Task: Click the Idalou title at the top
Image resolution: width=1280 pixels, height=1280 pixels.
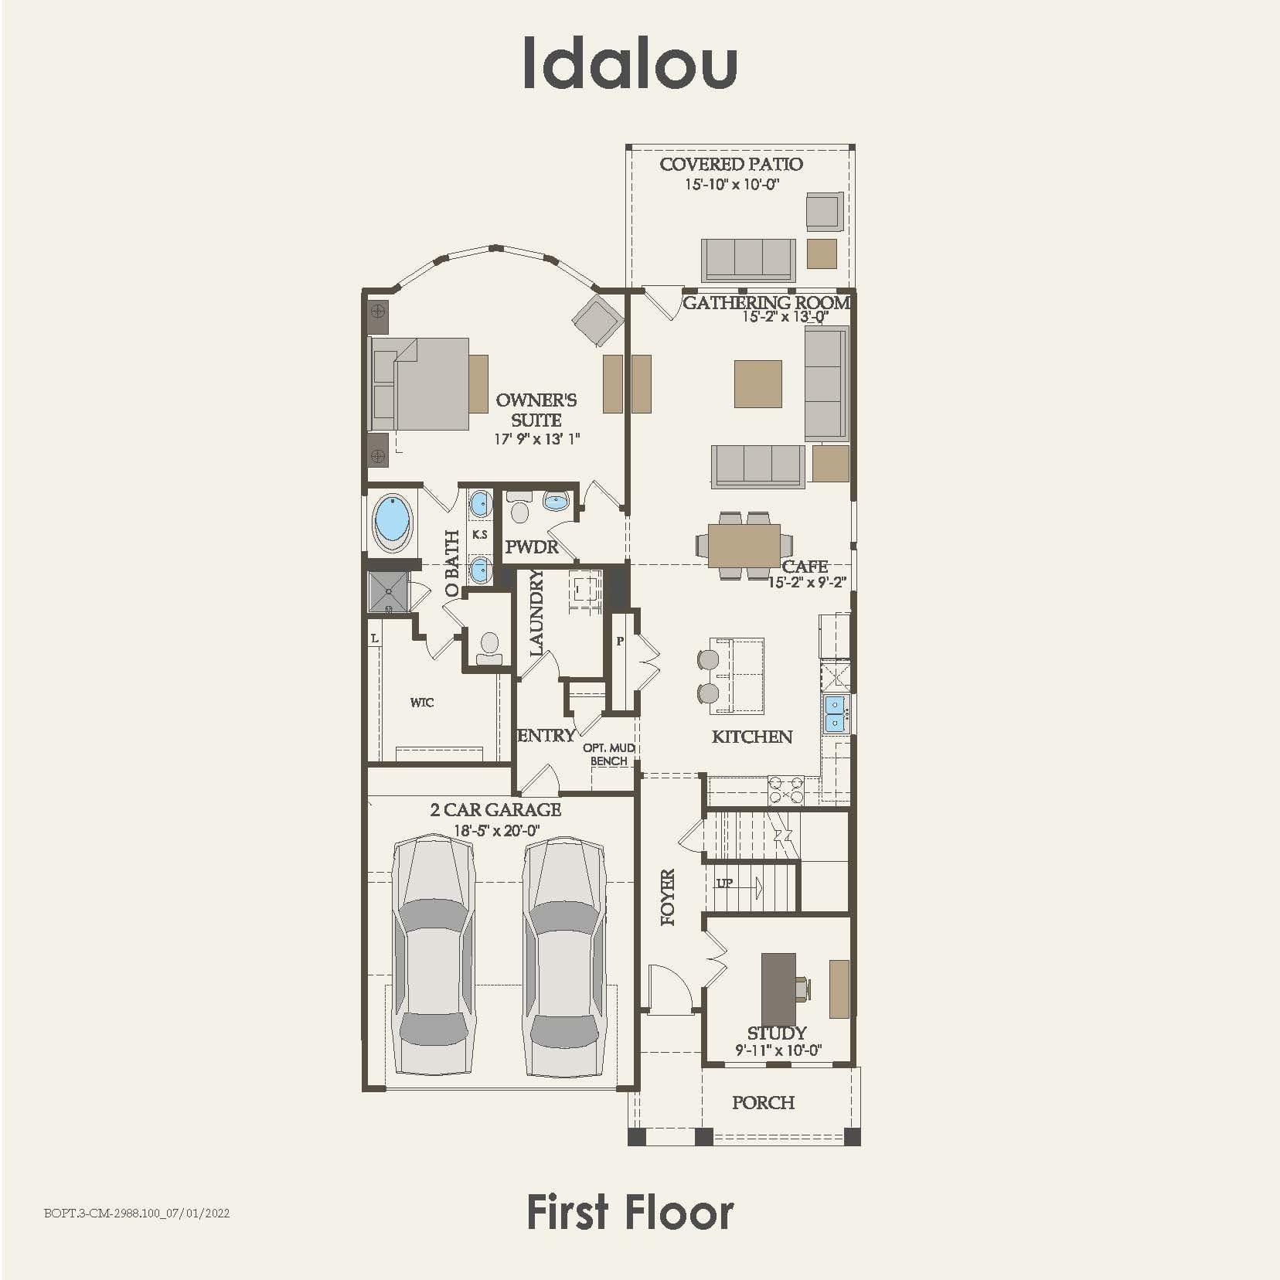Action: (x=630, y=62)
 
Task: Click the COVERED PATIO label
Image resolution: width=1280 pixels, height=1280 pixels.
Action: (x=731, y=164)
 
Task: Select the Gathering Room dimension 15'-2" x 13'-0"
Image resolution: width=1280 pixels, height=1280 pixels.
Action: (x=785, y=317)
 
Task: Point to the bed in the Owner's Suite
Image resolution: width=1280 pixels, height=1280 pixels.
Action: (x=421, y=383)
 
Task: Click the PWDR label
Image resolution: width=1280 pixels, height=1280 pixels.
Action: (x=532, y=547)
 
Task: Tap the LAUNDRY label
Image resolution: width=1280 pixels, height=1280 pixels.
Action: (x=536, y=613)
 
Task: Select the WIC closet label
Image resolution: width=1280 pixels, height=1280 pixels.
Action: (x=422, y=703)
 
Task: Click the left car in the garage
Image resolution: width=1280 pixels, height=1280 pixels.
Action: (x=432, y=956)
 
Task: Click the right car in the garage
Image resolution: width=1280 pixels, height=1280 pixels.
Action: (x=563, y=956)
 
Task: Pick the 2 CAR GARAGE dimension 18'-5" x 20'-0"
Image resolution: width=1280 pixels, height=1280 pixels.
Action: (x=496, y=831)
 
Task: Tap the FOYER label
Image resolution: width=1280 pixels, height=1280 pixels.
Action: (x=669, y=897)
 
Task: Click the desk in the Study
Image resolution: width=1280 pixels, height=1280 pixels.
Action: (x=779, y=989)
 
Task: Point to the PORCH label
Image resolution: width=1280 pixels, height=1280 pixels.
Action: (x=763, y=1103)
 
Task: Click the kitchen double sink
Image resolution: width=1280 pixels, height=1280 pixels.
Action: (x=834, y=713)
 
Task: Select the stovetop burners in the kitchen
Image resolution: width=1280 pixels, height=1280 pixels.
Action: (x=786, y=790)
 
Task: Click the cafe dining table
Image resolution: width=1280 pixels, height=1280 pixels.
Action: (x=744, y=545)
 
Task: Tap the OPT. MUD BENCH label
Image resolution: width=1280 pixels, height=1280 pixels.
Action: (x=609, y=754)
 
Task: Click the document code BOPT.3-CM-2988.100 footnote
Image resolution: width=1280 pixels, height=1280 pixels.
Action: (x=137, y=1213)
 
